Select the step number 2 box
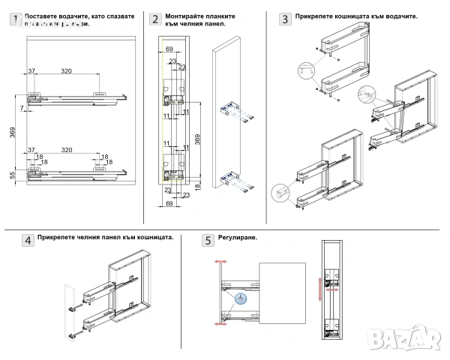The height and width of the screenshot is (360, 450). click(155, 19)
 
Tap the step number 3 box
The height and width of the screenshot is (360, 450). click(285, 19)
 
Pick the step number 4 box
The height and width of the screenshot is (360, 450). click(27, 240)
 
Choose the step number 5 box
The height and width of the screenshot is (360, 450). click(208, 240)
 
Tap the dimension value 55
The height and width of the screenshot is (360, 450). click(12, 174)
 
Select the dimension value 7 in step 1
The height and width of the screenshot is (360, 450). click(22, 109)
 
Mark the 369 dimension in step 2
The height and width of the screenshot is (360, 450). click(197, 139)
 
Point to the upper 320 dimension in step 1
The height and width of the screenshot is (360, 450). click(66, 71)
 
